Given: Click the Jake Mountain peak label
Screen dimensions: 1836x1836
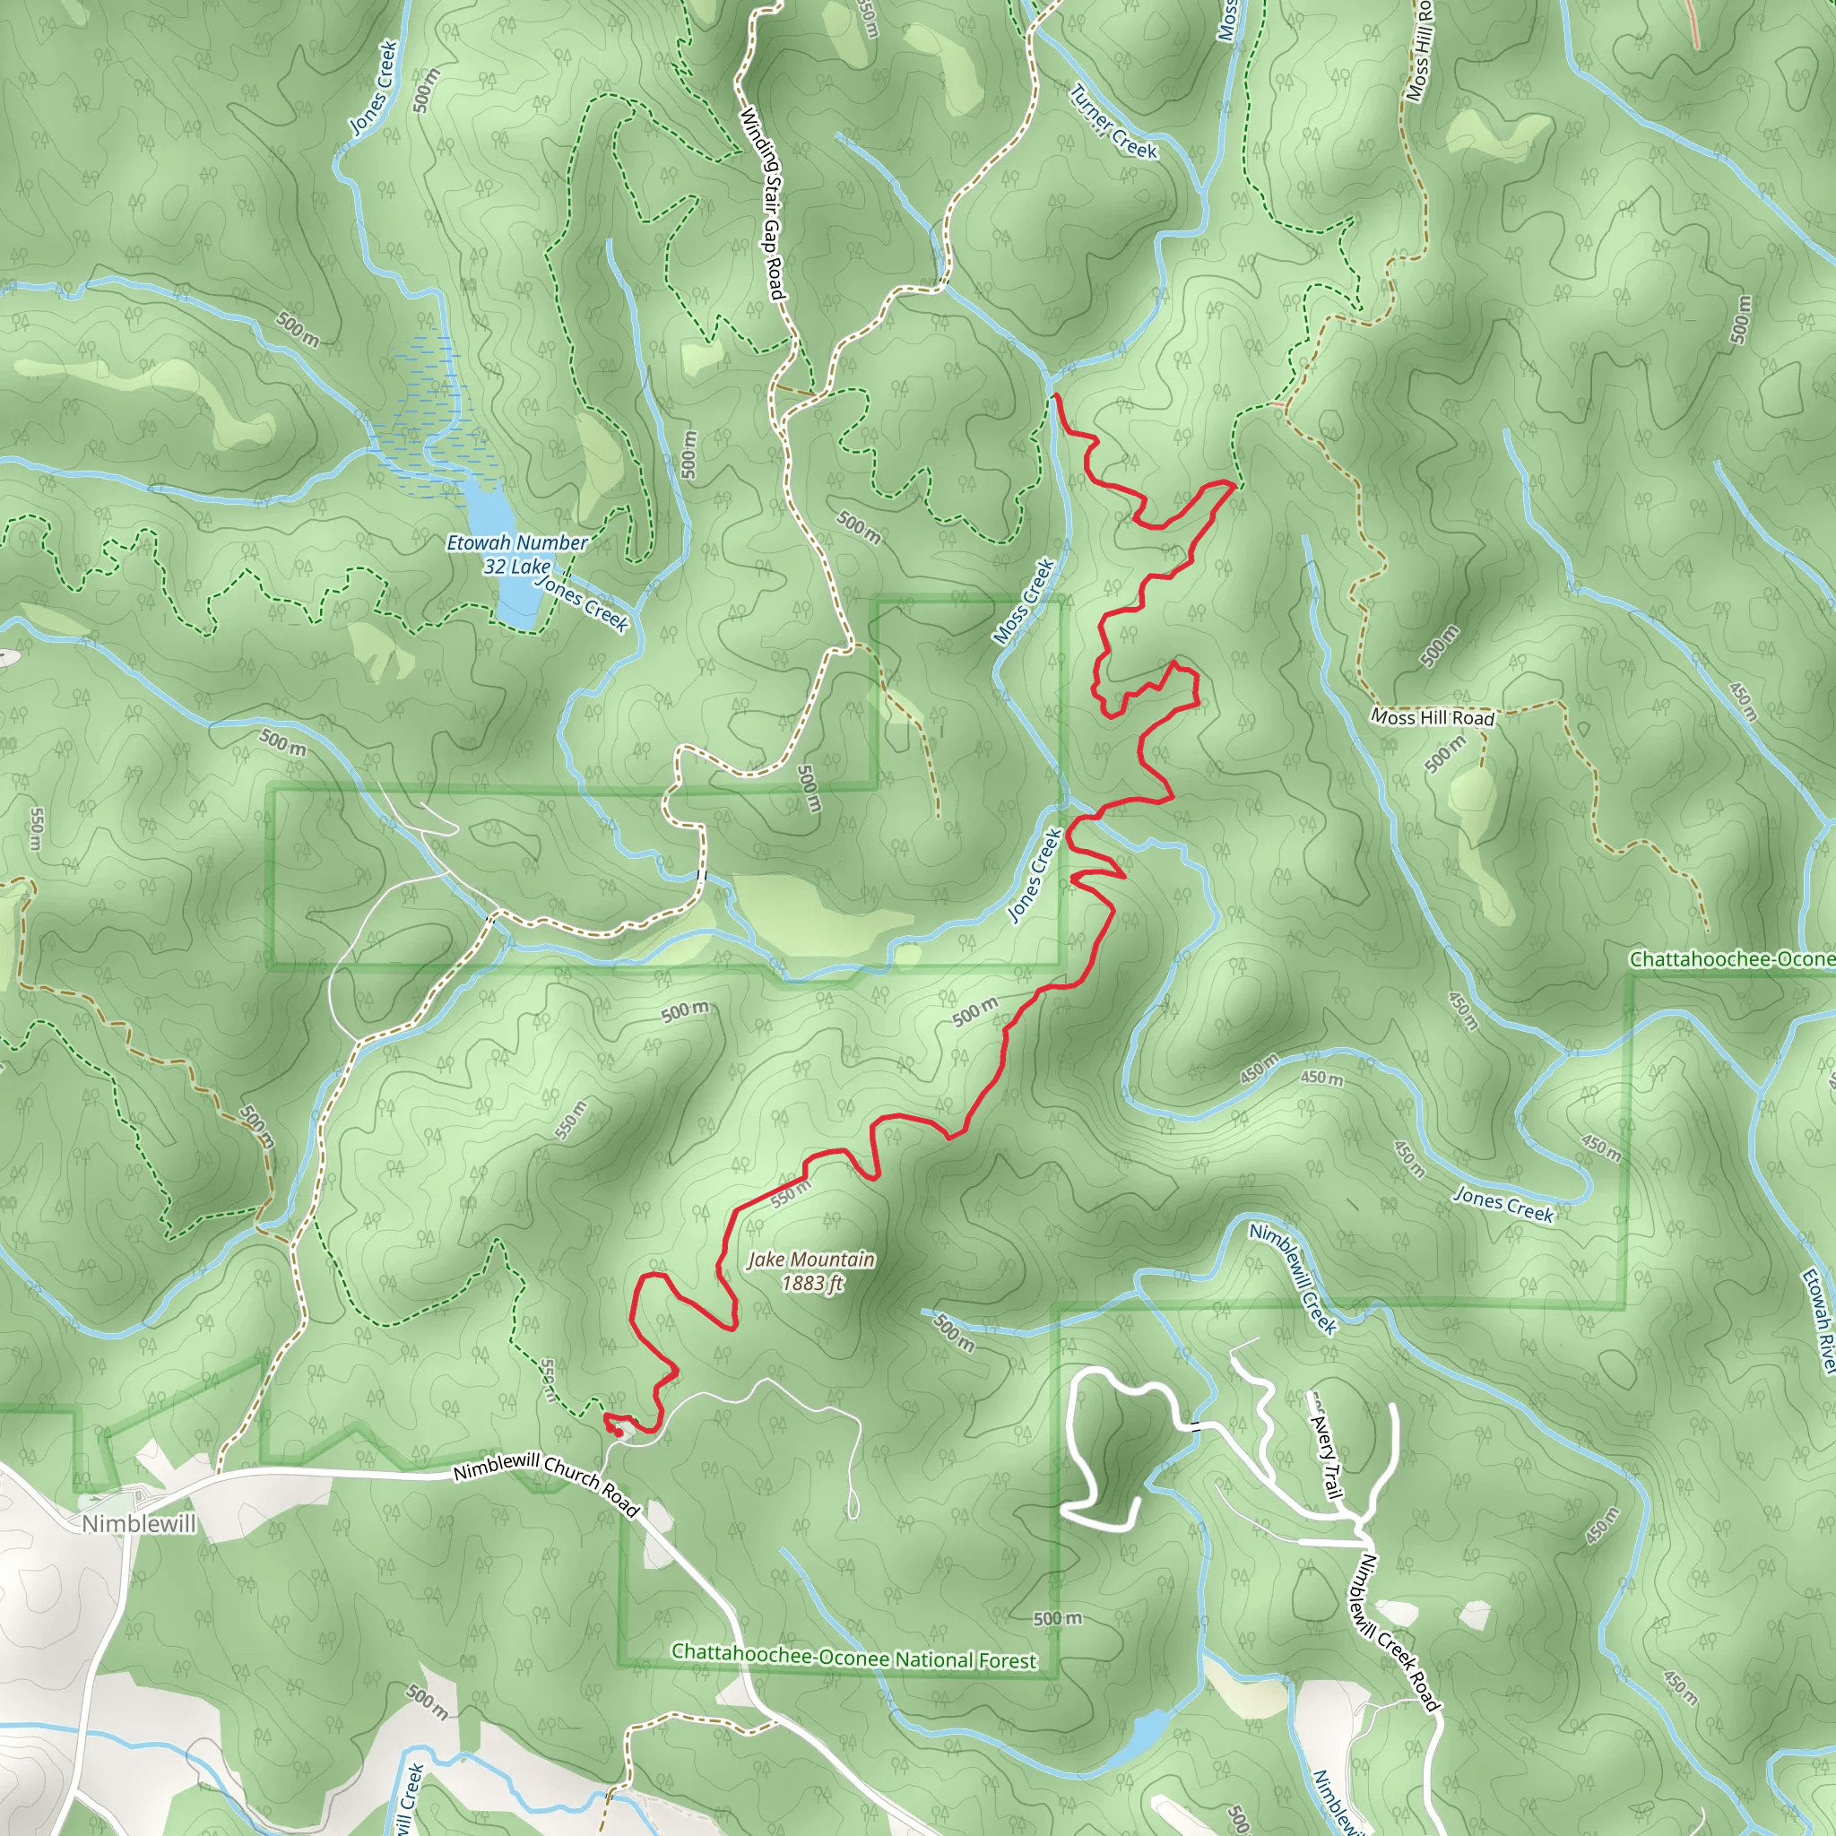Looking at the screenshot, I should tap(810, 1260).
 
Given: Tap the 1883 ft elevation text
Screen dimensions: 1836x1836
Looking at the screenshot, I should tap(812, 1283).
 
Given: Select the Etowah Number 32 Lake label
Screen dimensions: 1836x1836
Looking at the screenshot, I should tap(517, 554).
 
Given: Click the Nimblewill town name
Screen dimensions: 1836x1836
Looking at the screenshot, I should tap(139, 1523).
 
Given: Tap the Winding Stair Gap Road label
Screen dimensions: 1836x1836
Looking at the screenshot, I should tap(763, 204).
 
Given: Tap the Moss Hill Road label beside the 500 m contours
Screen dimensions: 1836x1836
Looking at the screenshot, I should tap(1432, 717).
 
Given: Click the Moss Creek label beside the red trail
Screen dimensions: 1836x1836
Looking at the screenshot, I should tap(1025, 602).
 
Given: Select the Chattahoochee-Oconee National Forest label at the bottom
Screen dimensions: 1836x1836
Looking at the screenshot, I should tap(853, 1658).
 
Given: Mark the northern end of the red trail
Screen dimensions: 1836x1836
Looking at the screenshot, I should tap(1056, 395).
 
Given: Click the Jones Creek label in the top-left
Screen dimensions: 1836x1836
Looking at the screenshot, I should tap(373, 88).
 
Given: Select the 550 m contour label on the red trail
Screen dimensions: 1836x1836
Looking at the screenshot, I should tap(791, 1193).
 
